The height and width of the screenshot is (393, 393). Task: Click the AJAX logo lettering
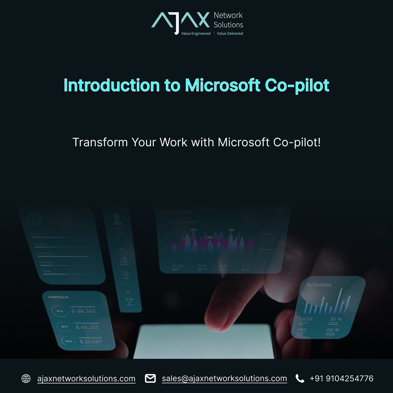pos(180,20)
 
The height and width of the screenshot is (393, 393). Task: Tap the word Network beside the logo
pos(228,15)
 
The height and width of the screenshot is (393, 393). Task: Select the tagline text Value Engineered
pos(196,33)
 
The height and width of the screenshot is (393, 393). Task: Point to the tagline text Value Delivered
pos(230,33)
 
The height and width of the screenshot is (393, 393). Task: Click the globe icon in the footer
pos(26,379)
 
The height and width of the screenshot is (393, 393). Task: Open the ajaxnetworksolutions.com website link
pos(86,379)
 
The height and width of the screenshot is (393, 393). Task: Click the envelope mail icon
pos(150,379)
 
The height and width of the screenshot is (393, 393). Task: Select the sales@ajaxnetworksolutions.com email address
pos(224,379)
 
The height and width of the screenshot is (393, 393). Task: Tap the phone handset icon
pos(300,379)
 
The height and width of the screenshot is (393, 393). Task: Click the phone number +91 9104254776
pos(341,379)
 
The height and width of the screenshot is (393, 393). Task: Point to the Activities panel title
pos(318,285)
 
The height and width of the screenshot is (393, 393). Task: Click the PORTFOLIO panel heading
pos(59,297)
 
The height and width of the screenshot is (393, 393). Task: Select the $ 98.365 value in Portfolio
pos(84,311)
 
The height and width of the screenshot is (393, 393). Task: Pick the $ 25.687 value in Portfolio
pos(91,342)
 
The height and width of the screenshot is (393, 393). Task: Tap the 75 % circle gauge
pos(60,311)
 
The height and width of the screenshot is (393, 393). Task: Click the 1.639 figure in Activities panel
pos(306,319)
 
